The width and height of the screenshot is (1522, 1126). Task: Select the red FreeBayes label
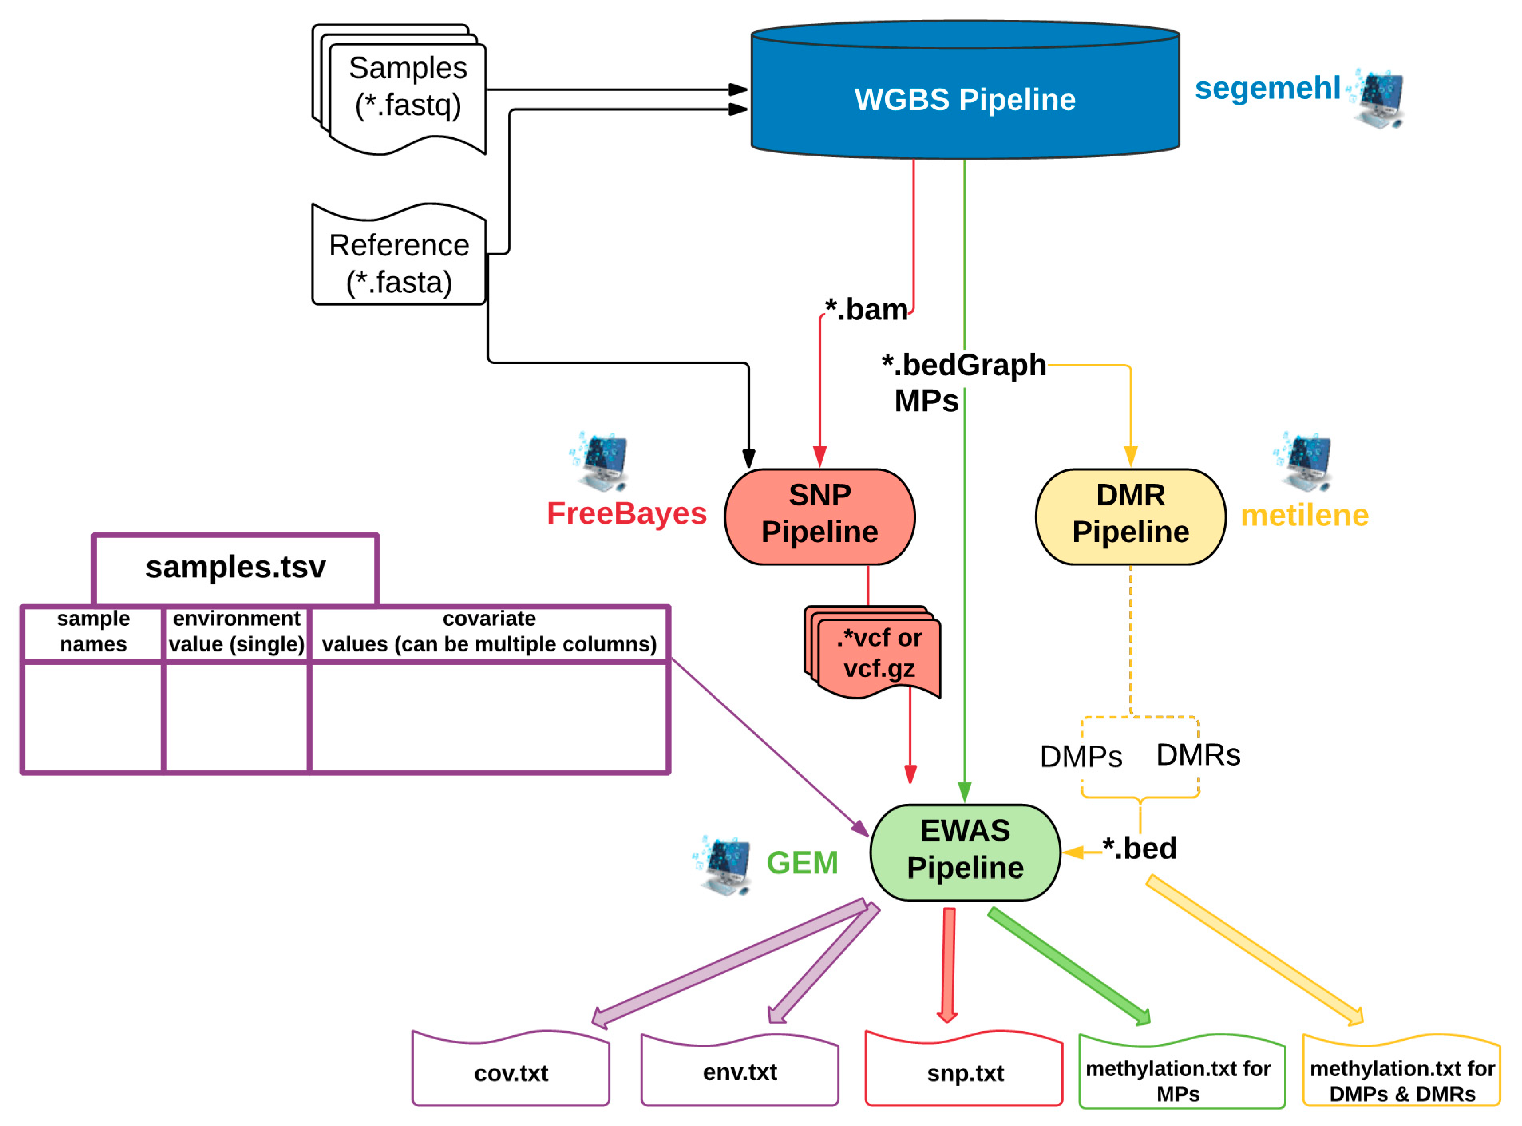tap(626, 513)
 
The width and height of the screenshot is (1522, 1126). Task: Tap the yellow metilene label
tap(1304, 515)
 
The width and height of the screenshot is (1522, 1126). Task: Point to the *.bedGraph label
tap(964, 365)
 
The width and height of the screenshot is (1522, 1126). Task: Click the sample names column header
tap(93, 631)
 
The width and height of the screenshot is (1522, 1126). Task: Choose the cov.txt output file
tap(511, 1073)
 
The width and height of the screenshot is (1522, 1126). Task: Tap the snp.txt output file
tap(964, 1073)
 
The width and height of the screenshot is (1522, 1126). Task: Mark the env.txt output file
tap(740, 1071)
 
